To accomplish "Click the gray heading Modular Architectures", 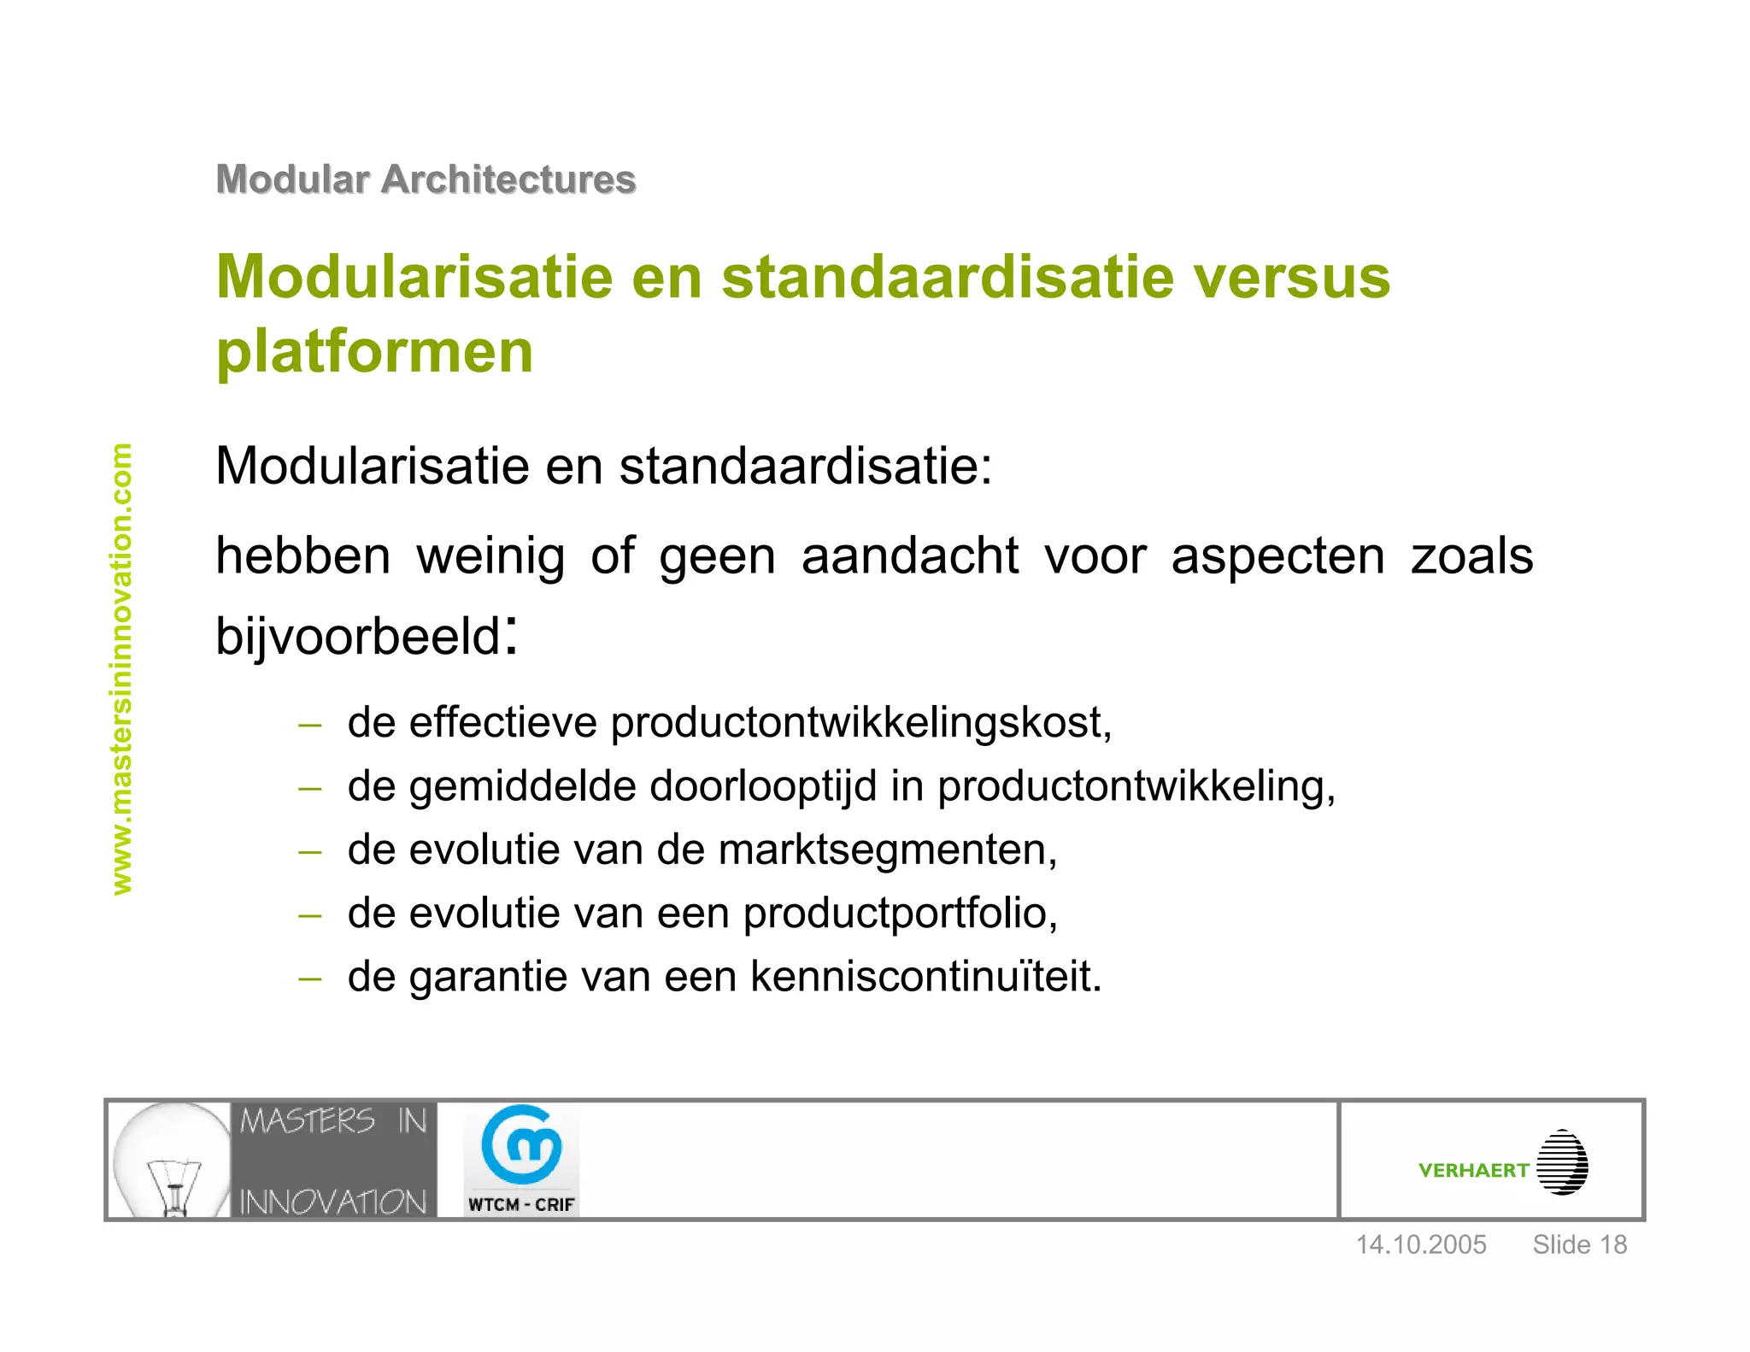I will pyautogui.click(x=426, y=179).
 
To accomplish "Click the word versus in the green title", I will pyautogui.click(x=1291, y=278).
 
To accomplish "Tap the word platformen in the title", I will pyautogui.click(x=374, y=351).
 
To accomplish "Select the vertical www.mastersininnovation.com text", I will pyautogui.click(x=122, y=668).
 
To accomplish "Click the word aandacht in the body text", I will pyautogui.click(x=909, y=556).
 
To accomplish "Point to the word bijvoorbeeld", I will pyautogui.click(x=358, y=637).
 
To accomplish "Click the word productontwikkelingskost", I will pyautogui.click(x=860, y=723).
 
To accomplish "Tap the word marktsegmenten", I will pyautogui.click(x=887, y=850).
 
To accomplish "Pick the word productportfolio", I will pyautogui.click(x=900, y=914).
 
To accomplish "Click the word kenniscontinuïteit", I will pyautogui.click(x=925, y=977).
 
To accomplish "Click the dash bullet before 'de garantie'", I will pyautogui.click(x=309, y=979).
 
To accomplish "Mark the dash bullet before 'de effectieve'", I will pyautogui.click(x=309, y=726).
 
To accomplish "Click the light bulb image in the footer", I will pyautogui.click(x=172, y=1159).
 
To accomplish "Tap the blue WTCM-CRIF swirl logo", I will pyautogui.click(x=521, y=1143).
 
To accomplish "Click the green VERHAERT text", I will pyautogui.click(x=1473, y=1171).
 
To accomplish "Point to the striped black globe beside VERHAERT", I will pyautogui.click(x=1562, y=1162).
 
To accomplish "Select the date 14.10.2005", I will pyautogui.click(x=1421, y=1245).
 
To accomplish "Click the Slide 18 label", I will pyautogui.click(x=1579, y=1245).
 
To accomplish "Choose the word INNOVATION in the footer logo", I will pyautogui.click(x=332, y=1202).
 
